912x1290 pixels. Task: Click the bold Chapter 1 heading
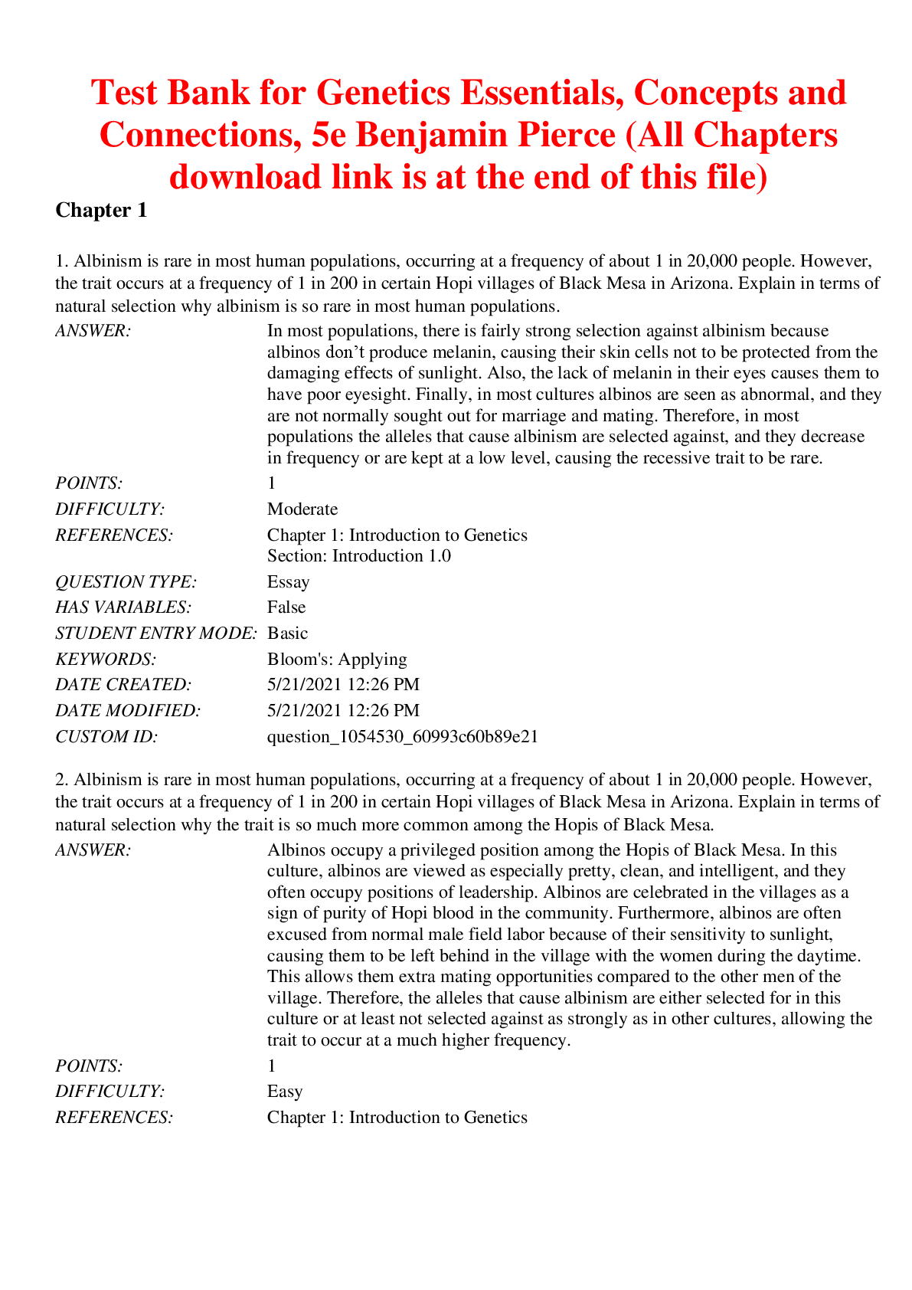(101, 210)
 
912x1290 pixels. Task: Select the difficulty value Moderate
(302, 509)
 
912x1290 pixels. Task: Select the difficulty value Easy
(285, 1092)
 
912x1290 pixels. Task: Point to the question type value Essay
(289, 582)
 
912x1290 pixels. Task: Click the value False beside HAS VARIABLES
(286, 607)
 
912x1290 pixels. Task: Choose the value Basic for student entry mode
(288, 634)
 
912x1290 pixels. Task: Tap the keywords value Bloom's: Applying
(337, 660)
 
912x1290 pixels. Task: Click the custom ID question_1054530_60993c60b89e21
(403, 737)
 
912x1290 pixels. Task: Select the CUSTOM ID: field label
(106, 737)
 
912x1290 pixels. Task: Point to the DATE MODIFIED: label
(128, 711)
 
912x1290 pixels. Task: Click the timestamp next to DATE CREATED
(343, 685)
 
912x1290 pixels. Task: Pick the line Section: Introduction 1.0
(359, 556)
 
